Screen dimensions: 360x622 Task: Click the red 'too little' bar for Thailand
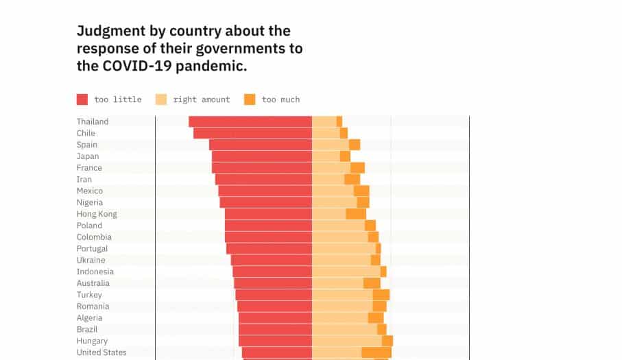250,121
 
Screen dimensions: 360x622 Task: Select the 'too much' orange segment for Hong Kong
356,214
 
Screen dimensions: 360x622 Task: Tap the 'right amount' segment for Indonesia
346,272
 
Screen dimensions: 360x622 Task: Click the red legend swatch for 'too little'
82,99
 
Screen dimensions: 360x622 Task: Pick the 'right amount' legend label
201,99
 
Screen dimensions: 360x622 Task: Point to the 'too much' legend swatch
250,99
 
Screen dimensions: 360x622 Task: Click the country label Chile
86,133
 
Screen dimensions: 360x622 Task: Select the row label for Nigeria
90,202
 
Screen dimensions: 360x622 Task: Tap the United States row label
101,352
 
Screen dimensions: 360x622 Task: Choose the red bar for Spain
261,145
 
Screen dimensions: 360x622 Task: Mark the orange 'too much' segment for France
357,168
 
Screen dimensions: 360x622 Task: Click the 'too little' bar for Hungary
276,341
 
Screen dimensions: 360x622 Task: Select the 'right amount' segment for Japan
326,156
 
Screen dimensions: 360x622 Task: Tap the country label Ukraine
91,261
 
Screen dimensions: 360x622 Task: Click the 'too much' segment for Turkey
381,295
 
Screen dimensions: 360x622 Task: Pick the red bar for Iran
263,180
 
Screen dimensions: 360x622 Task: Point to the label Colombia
94,237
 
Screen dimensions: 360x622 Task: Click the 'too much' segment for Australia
372,283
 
